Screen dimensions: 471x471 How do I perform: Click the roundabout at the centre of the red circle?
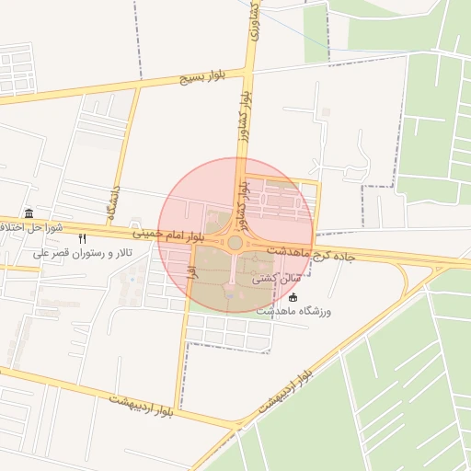[235, 243]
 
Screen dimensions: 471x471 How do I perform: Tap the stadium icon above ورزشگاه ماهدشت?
[293, 297]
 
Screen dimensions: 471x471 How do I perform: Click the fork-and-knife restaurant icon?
[82, 237]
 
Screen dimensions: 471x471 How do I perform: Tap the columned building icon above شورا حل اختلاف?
[29, 213]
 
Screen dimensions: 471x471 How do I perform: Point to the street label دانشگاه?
[114, 205]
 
